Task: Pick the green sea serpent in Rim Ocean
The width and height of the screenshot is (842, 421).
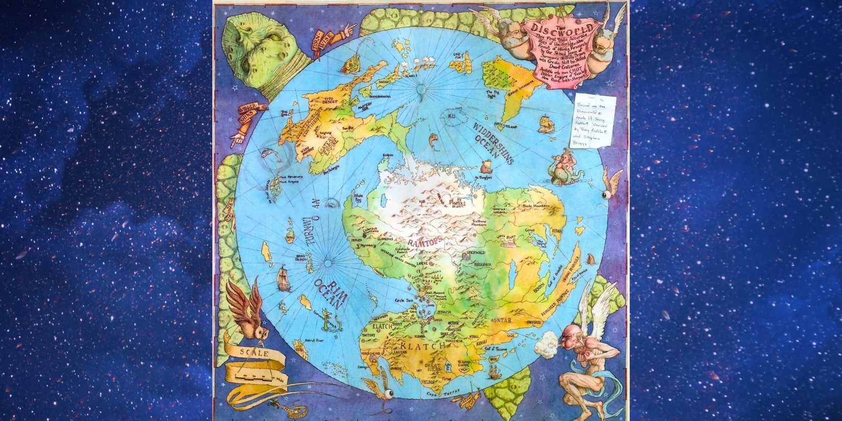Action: coord(327,321)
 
